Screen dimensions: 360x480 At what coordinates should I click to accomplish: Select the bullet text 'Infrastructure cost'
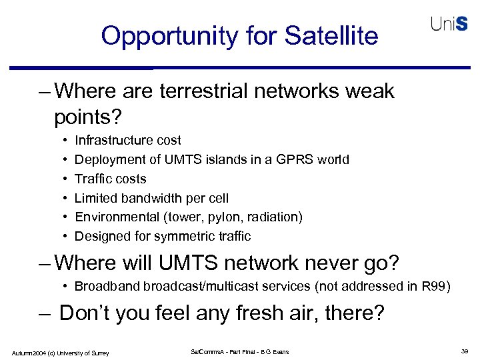click(x=128, y=140)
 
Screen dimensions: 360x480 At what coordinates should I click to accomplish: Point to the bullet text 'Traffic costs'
click(x=110, y=179)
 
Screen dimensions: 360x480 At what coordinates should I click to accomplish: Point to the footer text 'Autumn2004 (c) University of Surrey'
click(x=60, y=352)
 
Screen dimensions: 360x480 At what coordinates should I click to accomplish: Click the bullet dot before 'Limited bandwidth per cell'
click(x=63, y=198)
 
